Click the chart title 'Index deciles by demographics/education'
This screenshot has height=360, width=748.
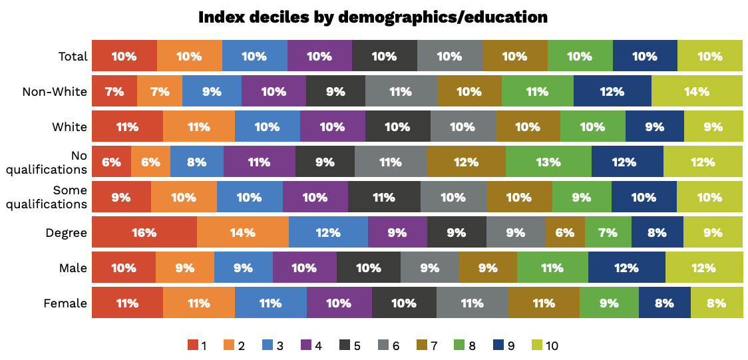[373, 17]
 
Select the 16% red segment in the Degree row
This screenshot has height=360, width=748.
[144, 232]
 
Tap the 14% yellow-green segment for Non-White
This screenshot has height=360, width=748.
[697, 92]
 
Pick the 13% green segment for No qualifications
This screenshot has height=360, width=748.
[548, 162]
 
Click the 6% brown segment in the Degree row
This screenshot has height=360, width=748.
[564, 232]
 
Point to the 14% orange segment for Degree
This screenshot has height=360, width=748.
[242, 232]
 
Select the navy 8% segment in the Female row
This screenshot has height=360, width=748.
[664, 303]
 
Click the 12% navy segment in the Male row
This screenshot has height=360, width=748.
[626, 268]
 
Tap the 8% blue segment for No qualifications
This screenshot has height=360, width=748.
[196, 162]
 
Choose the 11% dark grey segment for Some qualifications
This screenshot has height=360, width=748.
[384, 197]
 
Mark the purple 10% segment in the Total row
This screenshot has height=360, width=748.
[319, 57]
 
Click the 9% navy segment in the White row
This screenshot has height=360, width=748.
[654, 126]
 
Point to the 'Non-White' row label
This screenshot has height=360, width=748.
[55, 92]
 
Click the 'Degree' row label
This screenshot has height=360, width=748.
[66, 233]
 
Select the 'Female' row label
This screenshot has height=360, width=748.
[65, 303]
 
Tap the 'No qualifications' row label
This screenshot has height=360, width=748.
[47, 162]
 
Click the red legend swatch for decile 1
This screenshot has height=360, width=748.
[193, 345]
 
